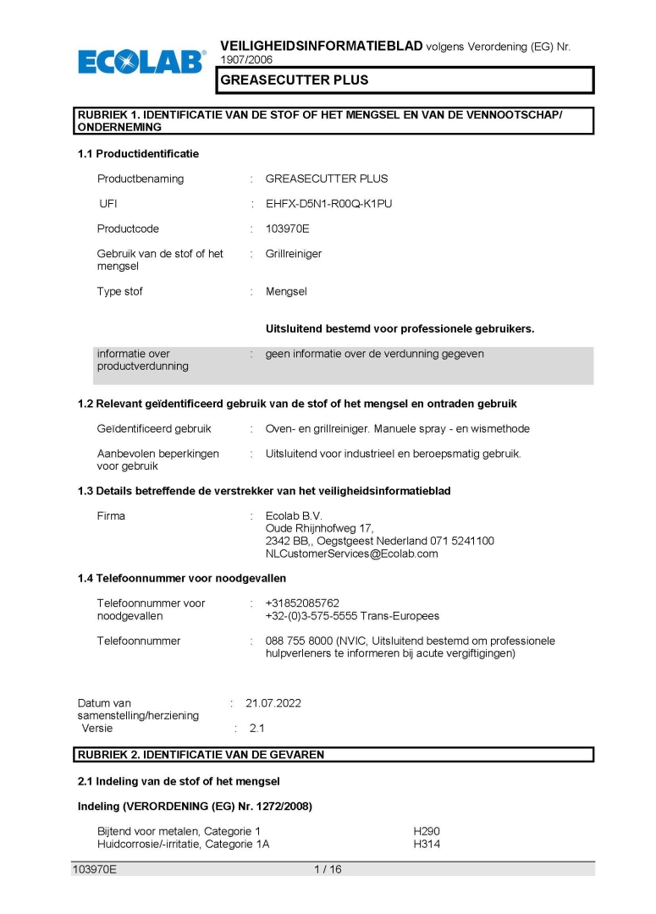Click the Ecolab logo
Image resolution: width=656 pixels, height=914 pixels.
141,61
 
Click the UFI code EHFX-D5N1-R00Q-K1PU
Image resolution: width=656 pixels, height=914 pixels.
328,204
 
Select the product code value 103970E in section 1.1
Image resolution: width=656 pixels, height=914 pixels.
288,228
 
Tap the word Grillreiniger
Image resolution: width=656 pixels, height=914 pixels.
294,254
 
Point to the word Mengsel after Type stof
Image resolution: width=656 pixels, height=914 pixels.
286,291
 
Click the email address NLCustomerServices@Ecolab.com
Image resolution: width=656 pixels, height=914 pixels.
351,553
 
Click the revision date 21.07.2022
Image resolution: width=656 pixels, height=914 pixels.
273,703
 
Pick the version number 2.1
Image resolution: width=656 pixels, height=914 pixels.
257,728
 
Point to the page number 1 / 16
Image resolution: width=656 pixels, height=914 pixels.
328,869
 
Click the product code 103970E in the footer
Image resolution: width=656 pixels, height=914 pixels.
94,869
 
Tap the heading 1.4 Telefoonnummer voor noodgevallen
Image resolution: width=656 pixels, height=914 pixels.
182,578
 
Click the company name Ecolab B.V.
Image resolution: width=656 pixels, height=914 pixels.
294,515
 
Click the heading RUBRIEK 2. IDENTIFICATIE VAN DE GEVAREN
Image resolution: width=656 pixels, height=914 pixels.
201,754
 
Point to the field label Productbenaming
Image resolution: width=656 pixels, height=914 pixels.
141,179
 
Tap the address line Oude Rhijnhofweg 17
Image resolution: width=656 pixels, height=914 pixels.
314,528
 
